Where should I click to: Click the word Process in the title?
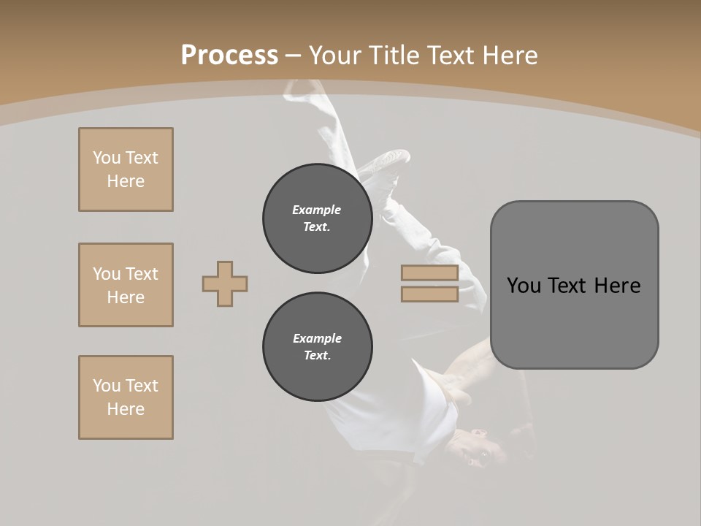[x=229, y=56]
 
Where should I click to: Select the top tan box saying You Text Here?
[x=126, y=169]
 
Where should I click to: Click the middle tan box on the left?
[x=126, y=285]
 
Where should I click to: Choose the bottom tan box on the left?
[x=126, y=397]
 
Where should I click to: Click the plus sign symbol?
[x=225, y=283]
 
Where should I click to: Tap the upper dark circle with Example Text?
[x=317, y=218]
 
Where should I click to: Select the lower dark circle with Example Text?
[x=317, y=347]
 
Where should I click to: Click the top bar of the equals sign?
[x=429, y=272]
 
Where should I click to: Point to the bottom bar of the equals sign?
[x=429, y=294]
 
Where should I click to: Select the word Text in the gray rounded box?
[x=567, y=286]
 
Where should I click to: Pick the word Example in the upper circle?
[x=317, y=210]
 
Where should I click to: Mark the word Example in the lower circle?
[x=317, y=338]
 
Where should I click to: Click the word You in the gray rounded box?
[x=524, y=286]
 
